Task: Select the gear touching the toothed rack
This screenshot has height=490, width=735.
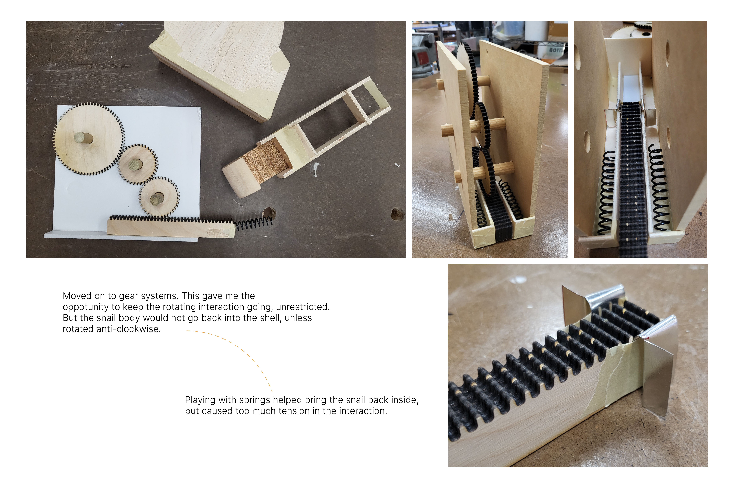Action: [x=159, y=197]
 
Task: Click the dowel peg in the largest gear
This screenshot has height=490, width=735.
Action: [x=84, y=138]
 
